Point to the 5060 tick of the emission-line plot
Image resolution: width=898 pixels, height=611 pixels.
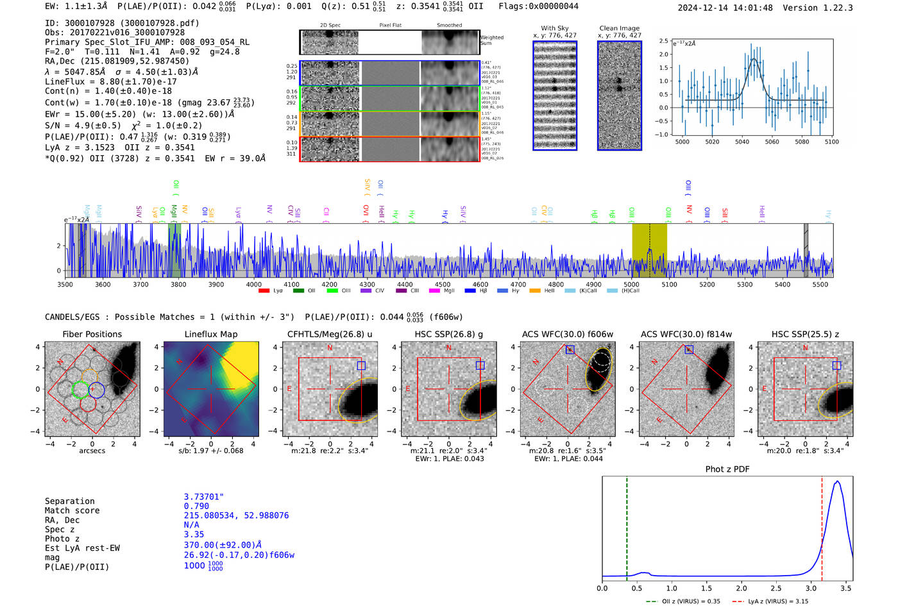pyautogui.click(x=772, y=142)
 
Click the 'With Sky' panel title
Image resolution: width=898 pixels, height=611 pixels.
pyautogui.click(x=555, y=28)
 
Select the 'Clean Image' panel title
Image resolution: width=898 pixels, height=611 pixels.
pyautogui.click(x=619, y=28)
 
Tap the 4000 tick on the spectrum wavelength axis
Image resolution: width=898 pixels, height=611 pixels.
pyautogui.click(x=254, y=285)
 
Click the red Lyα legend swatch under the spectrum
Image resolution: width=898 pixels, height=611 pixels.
pyautogui.click(x=264, y=291)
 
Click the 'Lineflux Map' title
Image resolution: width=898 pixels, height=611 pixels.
pyautogui.click(x=211, y=334)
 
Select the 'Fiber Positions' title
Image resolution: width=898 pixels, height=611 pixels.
pyautogui.click(x=92, y=334)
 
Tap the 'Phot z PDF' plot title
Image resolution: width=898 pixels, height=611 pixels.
pyautogui.click(x=727, y=469)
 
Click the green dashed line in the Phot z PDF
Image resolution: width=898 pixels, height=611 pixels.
pyautogui.click(x=627, y=526)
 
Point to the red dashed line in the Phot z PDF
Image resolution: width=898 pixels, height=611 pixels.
pyautogui.click(x=822, y=526)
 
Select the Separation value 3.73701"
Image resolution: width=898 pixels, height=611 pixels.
pyautogui.click(x=203, y=497)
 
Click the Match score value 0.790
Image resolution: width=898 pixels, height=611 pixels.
pyautogui.click(x=196, y=506)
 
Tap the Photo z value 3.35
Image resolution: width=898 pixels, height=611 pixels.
pyautogui.click(x=194, y=534)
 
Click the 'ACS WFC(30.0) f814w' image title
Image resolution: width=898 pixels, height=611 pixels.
pyautogui.click(x=686, y=334)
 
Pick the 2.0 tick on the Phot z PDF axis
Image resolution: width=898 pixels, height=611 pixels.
pyautogui.click(x=741, y=588)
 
